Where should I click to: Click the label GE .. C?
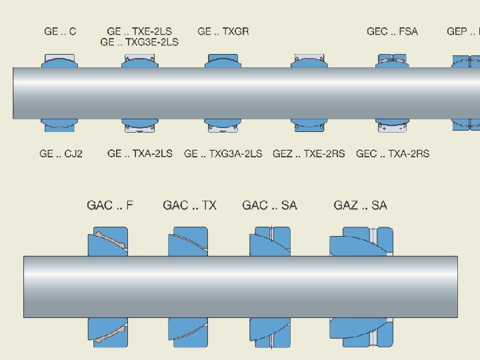(60, 31)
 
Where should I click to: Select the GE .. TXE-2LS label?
(139, 31)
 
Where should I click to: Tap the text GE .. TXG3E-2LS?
(139, 42)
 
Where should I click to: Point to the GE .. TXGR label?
(223, 31)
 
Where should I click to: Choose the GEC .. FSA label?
(393, 31)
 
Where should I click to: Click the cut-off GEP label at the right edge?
(463, 31)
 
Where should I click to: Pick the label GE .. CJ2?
(61, 153)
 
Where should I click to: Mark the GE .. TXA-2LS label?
(140, 153)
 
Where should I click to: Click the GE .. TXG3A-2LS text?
(223, 153)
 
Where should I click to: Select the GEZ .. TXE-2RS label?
(309, 153)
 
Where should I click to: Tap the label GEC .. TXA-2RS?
(393, 153)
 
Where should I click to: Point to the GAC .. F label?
(110, 205)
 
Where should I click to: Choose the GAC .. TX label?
(190, 205)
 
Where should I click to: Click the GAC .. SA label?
(270, 205)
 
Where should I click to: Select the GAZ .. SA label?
(360, 205)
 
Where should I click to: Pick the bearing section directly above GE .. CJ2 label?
(60, 125)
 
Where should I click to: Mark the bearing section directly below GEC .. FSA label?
(393, 61)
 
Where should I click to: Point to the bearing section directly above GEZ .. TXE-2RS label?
(310, 125)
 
